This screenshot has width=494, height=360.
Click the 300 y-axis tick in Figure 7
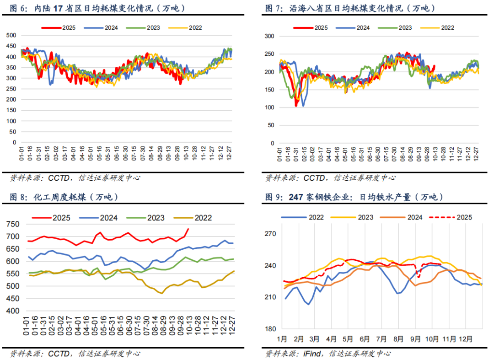pyautogui.click(x=269, y=36)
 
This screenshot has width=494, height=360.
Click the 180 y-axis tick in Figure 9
pyautogui.click(x=270, y=329)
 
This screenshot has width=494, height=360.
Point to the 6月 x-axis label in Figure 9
pyautogui.click(x=365, y=339)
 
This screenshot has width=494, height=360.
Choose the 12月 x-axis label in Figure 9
pyautogui.click(x=466, y=339)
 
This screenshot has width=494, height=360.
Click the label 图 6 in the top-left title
pyautogui.click(x=18, y=8)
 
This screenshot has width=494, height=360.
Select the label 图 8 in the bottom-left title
pyautogui.click(x=18, y=197)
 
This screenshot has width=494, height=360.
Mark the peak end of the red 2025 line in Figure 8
pyautogui.click(x=188, y=229)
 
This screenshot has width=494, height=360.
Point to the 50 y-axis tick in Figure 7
pyautogui.click(x=271, y=125)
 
